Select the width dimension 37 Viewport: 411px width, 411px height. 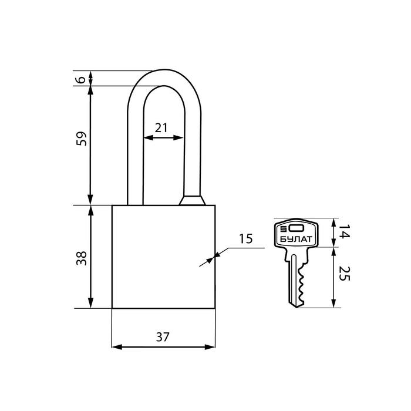coord(163,337)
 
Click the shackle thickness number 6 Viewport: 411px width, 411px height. coord(82,79)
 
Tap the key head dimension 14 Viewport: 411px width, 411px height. coord(345,232)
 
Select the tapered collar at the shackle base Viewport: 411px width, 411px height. coord(191,201)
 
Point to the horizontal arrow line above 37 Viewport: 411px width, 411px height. coord(163,347)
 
